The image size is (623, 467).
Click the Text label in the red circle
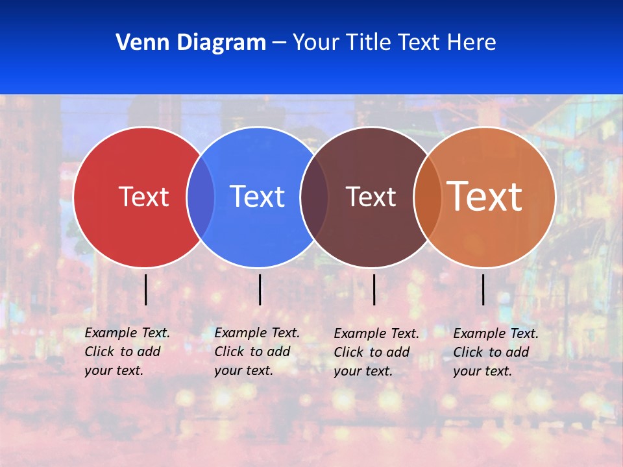pyautogui.click(x=143, y=197)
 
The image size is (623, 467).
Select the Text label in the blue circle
pyautogui.click(x=257, y=197)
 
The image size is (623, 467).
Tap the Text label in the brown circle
pyautogui.click(x=371, y=197)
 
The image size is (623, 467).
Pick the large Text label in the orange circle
pyautogui.click(x=484, y=196)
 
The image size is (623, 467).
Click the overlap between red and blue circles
pyautogui.click(x=201, y=197)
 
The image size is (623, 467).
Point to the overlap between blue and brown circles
pyautogui.click(x=314, y=197)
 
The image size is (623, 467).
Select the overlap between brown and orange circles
pyautogui.click(x=427, y=197)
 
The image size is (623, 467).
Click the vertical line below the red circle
pyautogui.click(x=145, y=289)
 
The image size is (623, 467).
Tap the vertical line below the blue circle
pyautogui.click(x=260, y=289)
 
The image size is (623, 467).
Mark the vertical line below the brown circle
pyautogui.click(x=374, y=289)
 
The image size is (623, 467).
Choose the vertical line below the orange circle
pyautogui.click(x=483, y=289)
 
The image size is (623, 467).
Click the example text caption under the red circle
pyautogui.click(x=127, y=352)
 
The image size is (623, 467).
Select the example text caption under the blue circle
pyautogui.click(x=256, y=352)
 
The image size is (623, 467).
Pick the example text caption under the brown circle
pyautogui.click(x=376, y=352)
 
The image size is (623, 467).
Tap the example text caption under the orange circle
pyautogui.click(x=495, y=352)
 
